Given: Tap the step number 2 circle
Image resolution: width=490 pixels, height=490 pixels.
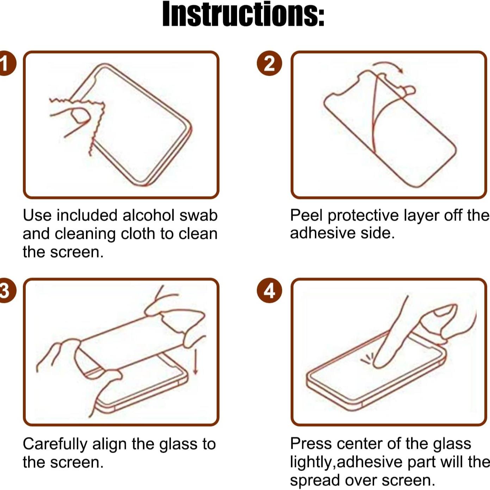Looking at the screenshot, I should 269,64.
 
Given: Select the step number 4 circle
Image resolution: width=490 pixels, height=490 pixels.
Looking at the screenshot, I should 269,291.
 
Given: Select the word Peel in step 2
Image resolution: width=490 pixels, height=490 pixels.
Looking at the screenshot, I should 306,215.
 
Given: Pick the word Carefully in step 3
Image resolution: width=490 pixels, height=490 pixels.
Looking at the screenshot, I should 55,444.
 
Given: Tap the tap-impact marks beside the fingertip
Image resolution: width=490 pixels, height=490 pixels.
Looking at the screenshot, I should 366,359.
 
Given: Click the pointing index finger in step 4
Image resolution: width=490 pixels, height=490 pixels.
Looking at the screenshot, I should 391,338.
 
